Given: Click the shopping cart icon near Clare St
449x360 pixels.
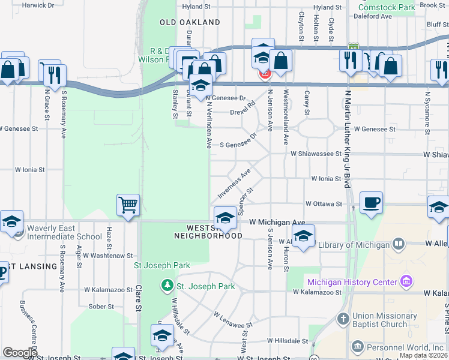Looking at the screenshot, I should coord(128,205).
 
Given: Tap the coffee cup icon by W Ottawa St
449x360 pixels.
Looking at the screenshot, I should coord(371,203).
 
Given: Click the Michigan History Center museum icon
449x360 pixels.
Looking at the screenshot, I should coord(407,281).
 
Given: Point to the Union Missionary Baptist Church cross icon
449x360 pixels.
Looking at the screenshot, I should coord(343,319).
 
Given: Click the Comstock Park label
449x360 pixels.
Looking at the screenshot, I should coord(387,8).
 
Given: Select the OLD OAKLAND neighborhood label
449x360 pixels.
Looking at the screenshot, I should coord(190,22).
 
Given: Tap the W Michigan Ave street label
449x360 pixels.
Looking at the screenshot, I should coord(277,222).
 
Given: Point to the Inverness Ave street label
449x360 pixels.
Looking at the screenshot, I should coord(234,184).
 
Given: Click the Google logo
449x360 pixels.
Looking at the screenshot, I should coord(20,353).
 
